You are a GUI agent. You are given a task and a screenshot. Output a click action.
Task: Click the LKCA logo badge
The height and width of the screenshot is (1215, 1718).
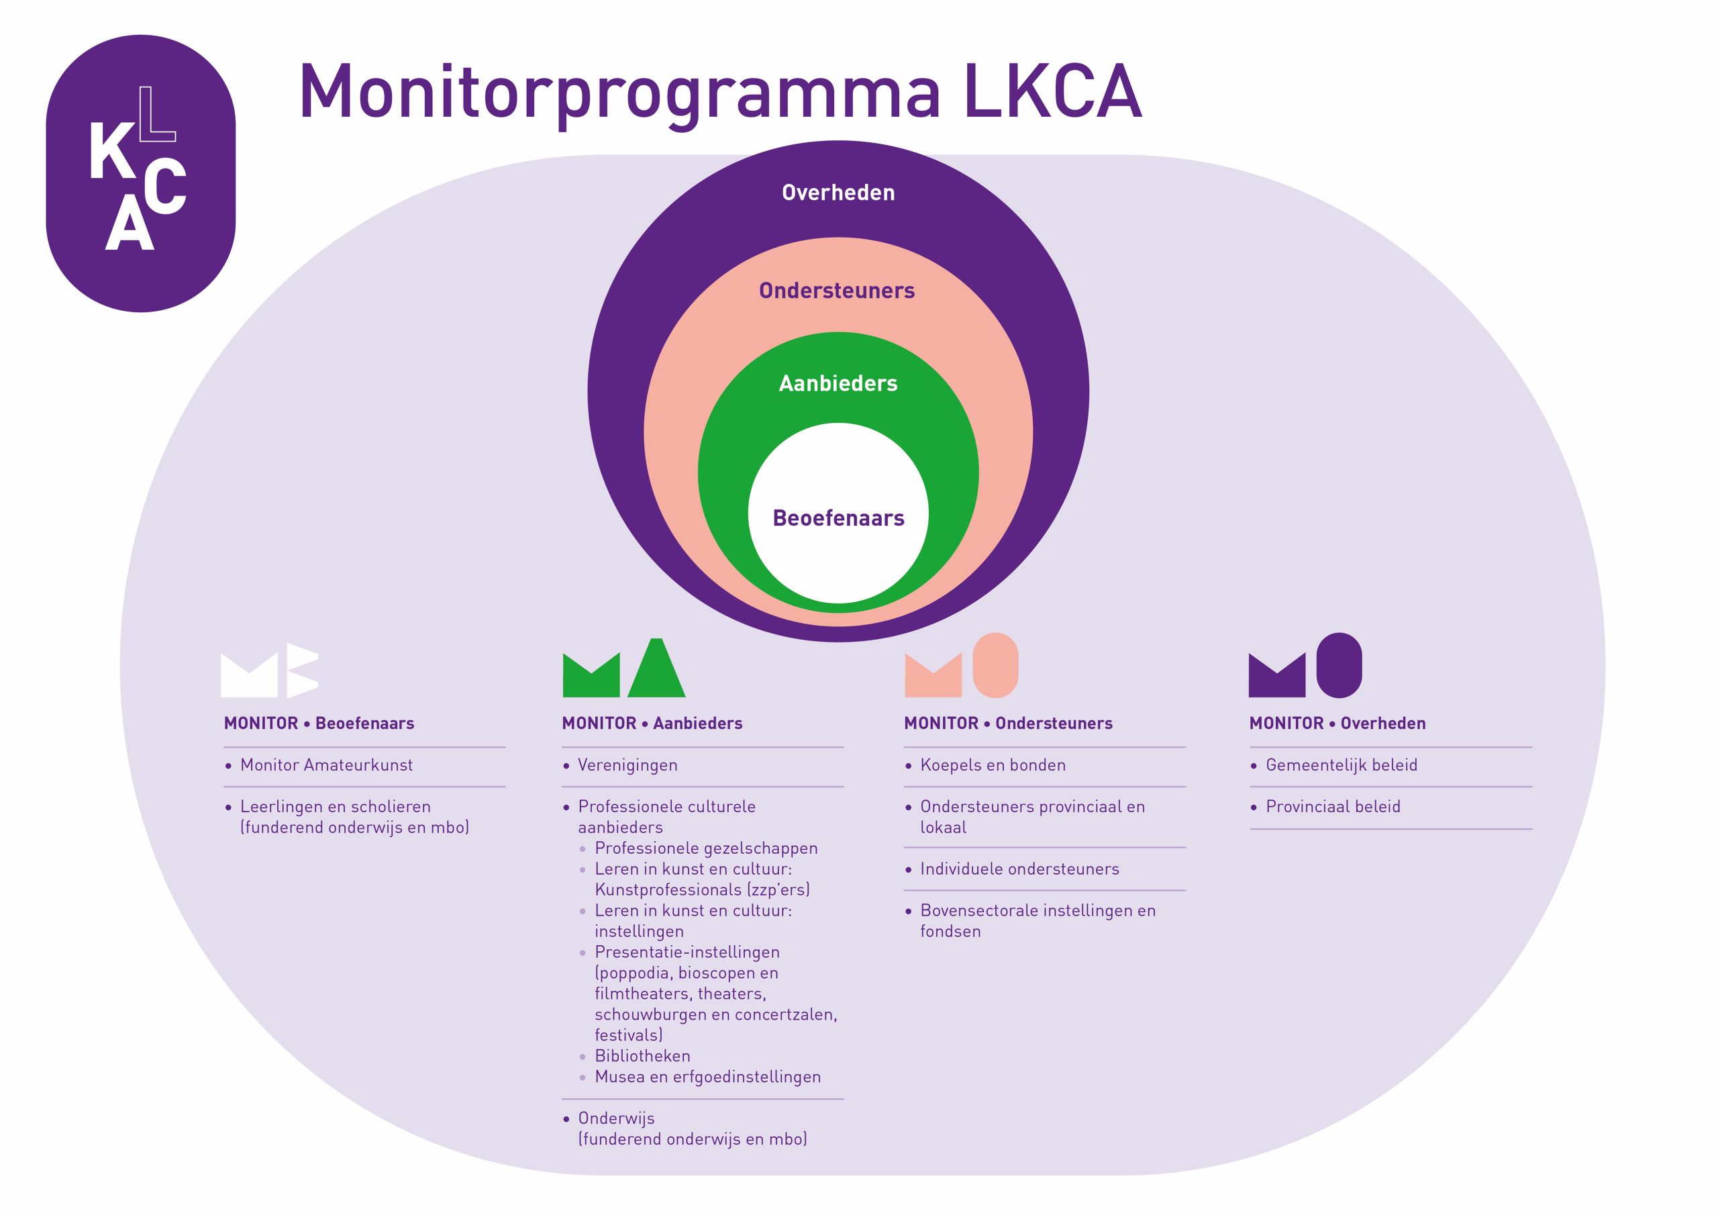[141, 173]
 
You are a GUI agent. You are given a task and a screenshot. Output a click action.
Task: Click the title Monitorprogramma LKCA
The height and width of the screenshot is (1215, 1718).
[720, 93]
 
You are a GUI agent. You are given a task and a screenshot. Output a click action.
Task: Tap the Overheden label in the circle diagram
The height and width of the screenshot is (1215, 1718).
[838, 193]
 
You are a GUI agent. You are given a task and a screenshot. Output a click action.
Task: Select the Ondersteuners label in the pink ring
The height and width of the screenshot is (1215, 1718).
[837, 291]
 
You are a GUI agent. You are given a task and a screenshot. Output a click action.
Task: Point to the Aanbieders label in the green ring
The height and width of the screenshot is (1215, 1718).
[838, 383]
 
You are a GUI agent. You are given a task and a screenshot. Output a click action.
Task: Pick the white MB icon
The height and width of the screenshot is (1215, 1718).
[269, 670]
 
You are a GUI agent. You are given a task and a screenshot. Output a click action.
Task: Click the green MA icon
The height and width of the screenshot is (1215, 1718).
[623, 669]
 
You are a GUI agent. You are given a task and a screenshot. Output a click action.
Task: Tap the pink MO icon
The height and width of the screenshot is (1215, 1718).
[962, 667]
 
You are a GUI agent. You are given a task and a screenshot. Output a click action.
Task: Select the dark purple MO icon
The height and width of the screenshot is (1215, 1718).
[1305, 667]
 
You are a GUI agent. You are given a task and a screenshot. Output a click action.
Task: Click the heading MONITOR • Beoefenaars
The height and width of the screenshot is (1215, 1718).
[319, 723]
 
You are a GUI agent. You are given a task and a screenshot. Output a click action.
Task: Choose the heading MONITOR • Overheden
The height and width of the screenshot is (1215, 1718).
[1337, 723]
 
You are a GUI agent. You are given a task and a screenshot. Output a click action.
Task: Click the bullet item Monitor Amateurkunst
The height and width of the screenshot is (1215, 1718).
[326, 765]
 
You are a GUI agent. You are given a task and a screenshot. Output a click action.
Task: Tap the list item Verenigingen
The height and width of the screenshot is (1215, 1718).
[627, 765]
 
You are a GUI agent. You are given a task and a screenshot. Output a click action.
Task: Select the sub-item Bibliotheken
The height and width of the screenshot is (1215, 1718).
[642, 1055]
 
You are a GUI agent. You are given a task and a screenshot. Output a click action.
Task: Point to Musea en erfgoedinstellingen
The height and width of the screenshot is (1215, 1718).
[707, 1077]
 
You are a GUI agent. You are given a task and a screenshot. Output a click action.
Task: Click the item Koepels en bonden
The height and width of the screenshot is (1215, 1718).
[992, 765]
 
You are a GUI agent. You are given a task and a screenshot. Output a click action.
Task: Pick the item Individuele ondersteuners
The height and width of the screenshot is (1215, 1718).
[1019, 869]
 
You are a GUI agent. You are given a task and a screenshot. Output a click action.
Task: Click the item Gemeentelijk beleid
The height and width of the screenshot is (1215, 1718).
[1341, 765]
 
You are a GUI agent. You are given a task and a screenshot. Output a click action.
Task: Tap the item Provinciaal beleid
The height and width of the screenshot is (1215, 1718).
[1333, 806]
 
